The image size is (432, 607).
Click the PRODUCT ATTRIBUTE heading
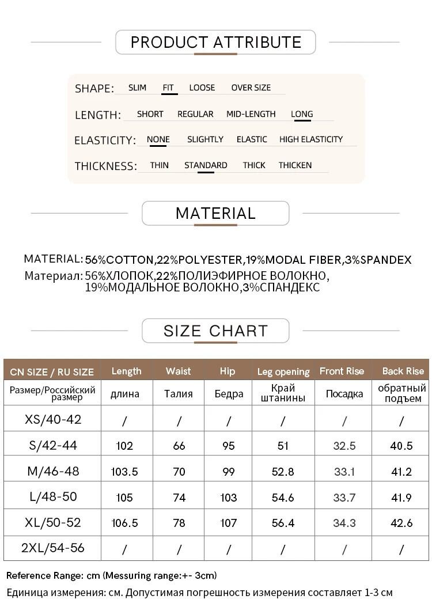pos(216,42)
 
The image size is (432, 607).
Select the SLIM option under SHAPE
pos(137,88)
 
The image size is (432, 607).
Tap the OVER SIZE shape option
pos(251,88)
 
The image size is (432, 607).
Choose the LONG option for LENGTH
pos(302,114)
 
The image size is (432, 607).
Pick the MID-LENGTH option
pos(251,114)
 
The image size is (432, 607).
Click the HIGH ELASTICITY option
pos(310,139)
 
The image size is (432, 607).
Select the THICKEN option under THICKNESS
pos(295,165)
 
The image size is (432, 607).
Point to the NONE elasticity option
pos(158,139)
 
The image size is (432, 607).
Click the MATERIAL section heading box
pos(215,213)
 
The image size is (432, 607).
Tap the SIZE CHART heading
pos(215,331)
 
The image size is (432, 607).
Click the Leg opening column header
pos(283,371)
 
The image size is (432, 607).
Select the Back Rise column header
pos(403,371)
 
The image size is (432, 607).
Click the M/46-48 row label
pos(53,471)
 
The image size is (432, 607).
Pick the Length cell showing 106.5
pos(124,523)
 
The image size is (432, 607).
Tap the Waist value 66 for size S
pos(179,446)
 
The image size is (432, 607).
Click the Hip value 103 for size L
pos(228,498)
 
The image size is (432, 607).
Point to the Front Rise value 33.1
pos(344,472)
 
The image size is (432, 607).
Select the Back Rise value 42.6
pos(401,523)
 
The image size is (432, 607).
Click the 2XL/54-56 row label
pos(53,548)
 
